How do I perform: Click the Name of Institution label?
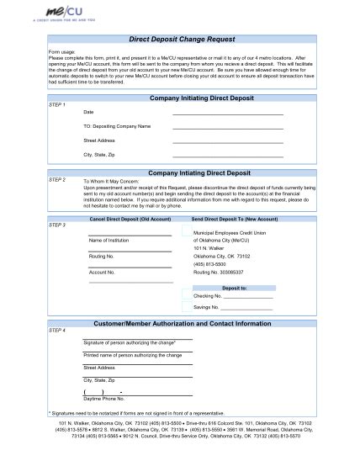107,240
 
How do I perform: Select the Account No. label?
101,273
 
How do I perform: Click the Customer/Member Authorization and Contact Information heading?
188,324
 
